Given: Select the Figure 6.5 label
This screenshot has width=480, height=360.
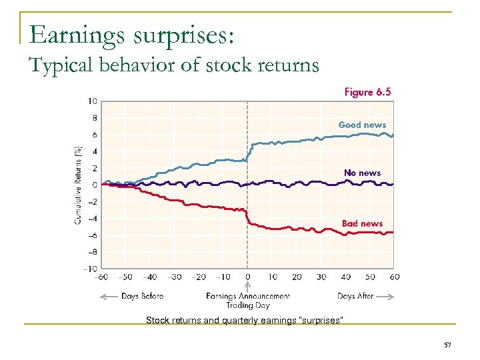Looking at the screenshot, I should pyautogui.click(x=367, y=92).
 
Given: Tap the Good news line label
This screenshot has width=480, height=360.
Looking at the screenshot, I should pyautogui.click(x=362, y=125).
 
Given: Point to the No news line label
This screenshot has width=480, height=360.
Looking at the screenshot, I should pyautogui.click(x=362, y=173).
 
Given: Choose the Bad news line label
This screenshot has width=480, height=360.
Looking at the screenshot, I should pyautogui.click(x=362, y=223).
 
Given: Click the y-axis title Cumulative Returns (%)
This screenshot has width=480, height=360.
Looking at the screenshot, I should pyautogui.click(x=78, y=185).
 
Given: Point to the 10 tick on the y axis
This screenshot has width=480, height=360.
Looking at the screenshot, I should pyautogui.click(x=93, y=101).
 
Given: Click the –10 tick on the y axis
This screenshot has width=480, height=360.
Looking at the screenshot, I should pyautogui.click(x=91, y=269).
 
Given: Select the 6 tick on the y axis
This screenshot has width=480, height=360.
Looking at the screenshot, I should pyautogui.click(x=95, y=135).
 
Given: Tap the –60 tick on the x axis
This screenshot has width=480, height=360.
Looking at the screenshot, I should pyautogui.click(x=102, y=277).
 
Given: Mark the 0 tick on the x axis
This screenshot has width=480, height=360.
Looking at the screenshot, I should pyautogui.click(x=248, y=277).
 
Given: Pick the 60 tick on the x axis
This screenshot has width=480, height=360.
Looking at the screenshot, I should pyautogui.click(x=394, y=277).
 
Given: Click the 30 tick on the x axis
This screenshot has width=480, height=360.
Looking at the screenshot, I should pyautogui.click(x=321, y=277).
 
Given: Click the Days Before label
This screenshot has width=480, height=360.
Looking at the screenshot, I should pyautogui.click(x=142, y=296).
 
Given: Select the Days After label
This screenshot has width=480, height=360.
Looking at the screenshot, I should pyautogui.click(x=355, y=296).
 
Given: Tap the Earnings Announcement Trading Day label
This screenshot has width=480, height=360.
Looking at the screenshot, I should pyautogui.click(x=248, y=301).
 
